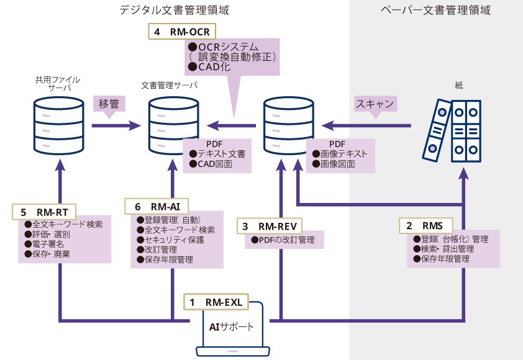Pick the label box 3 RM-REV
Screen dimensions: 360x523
tap(272, 227)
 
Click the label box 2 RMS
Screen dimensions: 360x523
tap(428, 225)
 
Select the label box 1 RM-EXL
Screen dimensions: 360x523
tap(217, 302)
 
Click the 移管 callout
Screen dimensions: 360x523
tap(109, 104)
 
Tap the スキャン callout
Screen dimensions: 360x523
tap(375, 104)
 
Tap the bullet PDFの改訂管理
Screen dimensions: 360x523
tap(282, 240)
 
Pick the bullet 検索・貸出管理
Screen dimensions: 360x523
tap(443, 249)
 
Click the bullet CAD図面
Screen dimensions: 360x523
tap(212, 164)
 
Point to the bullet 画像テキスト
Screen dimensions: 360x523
tap(340, 154)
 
